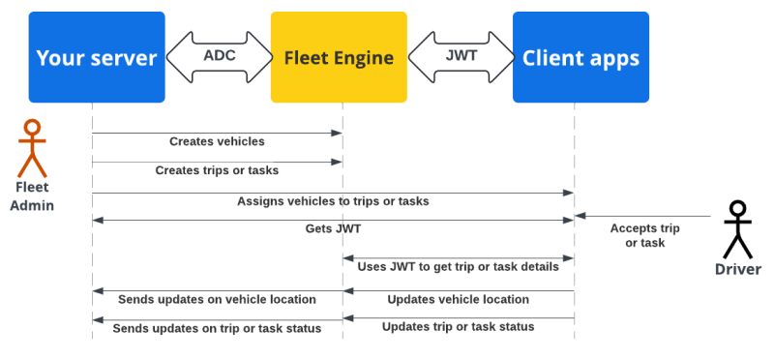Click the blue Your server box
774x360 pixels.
96,57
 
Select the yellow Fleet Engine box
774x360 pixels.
339,57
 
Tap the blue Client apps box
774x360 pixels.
580,57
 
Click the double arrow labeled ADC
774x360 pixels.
219,56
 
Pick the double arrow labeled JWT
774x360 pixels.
461,56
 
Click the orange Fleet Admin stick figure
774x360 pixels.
33,147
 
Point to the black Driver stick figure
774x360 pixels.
738,228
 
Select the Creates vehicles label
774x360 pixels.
217,141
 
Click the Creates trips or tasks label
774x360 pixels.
217,170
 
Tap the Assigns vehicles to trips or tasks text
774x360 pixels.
333,201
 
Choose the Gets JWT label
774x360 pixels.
333,229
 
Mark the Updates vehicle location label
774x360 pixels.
458,299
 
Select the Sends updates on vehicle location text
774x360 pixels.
217,299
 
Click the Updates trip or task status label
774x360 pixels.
458,327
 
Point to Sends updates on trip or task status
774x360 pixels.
217,328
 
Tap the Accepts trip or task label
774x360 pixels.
644,235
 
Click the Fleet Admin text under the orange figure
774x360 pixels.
33,195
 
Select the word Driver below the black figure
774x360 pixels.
738,269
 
